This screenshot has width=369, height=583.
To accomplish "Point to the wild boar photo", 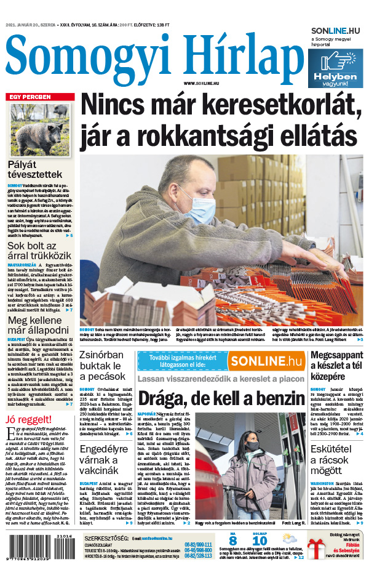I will coord(40,129).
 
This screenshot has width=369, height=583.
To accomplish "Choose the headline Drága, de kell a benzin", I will coord(221,398).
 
